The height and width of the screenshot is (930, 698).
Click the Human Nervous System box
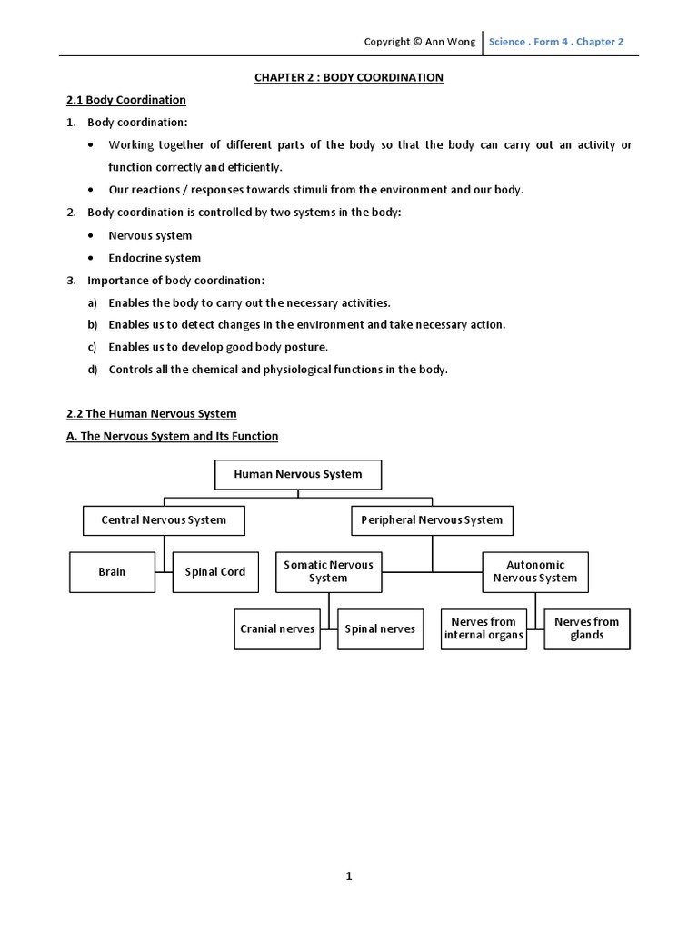coord(297,474)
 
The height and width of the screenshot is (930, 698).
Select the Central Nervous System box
coord(165,520)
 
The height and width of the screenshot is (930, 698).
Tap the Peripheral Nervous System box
coord(432,520)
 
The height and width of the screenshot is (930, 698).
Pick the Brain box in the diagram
coord(112,572)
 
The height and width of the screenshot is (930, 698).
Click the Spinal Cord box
coord(214,572)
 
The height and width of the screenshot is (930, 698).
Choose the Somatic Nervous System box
coord(328,571)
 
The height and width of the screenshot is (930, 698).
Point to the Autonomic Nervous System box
coord(535,571)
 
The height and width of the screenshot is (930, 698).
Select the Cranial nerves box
coord(277,628)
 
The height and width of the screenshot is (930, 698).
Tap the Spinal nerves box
coord(380,628)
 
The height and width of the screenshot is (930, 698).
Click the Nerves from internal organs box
coord(484,628)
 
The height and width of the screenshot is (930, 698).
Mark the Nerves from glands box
coord(586,628)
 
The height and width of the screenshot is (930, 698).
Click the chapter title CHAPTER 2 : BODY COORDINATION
coord(349,77)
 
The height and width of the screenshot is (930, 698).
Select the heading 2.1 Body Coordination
coord(126,100)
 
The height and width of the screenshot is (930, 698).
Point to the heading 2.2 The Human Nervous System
coord(151,413)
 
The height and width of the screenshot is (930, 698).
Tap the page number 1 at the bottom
coord(348,876)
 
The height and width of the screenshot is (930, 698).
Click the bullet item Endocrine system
coord(155,258)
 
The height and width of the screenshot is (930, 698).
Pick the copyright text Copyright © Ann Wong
coord(419,42)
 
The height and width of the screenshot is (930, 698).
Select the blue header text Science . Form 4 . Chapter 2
coord(556,42)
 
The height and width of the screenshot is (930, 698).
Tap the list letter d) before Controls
coord(92,370)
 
